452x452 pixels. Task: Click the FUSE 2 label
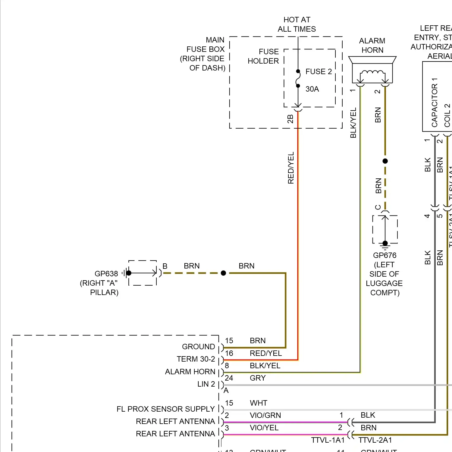coord(319,71)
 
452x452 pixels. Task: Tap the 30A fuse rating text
coord(312,89)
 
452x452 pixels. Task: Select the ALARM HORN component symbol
coord(372,70)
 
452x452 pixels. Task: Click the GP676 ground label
coord(385,256)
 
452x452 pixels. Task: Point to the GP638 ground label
coord(106,274)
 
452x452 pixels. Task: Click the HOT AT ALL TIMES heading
coord(297,24)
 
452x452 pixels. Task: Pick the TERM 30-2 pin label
coord(196,359)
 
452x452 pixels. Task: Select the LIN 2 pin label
coord(206,384)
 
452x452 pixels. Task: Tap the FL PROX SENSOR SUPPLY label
coord(165,409)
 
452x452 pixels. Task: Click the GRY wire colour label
coord(258,378)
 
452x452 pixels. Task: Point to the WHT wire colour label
coord(258,403)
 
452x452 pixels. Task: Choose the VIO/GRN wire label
coord(265,415)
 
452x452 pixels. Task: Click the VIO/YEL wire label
coord(264,428)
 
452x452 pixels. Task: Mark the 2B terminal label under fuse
coord(290,119)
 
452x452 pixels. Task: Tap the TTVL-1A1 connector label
coord(328,440)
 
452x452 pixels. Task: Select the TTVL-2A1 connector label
coord(375,440)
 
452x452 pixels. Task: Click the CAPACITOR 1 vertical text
coord(435,102)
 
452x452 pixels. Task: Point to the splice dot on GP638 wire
coord(223,273)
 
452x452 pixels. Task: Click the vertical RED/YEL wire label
coord(291,168)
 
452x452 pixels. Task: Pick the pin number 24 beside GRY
coord(229,378)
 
